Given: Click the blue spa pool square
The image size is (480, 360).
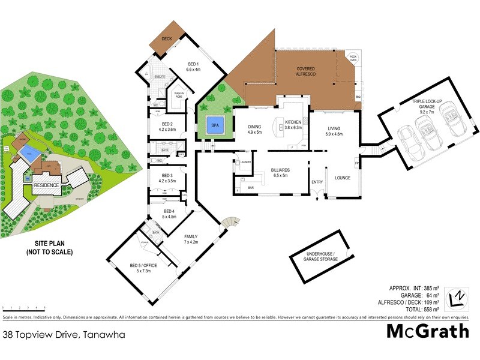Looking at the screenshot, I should point(215,126).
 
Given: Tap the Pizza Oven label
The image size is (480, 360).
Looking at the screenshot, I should point(353,58).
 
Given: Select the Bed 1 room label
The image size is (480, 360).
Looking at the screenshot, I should point(193,67).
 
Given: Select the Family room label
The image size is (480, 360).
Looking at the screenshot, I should point(191,239).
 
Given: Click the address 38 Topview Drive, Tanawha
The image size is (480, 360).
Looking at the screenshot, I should point(64,335).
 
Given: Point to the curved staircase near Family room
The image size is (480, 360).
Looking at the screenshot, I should point(229,223).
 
